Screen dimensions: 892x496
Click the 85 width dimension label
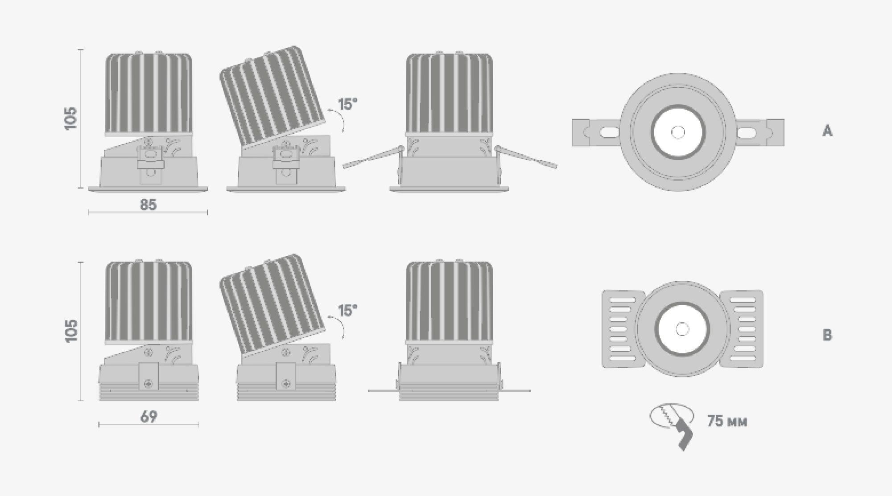point(148,205)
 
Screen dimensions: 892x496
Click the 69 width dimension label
point(149,417)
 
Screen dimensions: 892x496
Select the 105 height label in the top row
point(71,119)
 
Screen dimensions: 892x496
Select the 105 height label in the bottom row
point(71,331)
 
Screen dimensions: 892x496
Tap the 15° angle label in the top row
point(347,104)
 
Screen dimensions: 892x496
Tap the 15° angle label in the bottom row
point(347,310)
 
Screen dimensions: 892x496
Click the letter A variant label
point(827,131)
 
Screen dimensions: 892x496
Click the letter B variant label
point(827,335)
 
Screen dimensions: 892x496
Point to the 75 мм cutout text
point(727,421)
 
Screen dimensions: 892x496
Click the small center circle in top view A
point(678,132)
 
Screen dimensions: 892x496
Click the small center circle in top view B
point(681,329)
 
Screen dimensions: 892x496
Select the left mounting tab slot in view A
point(607,132)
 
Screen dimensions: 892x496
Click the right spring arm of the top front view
point(526,157)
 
